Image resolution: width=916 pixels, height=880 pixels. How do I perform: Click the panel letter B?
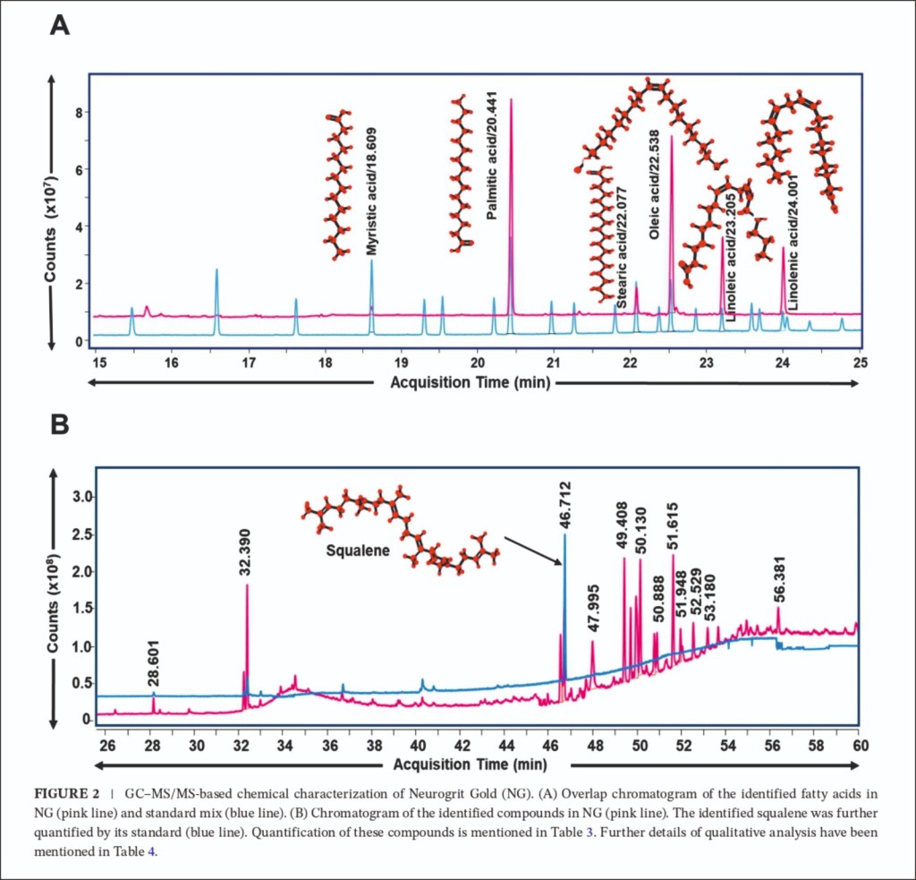(59, 423)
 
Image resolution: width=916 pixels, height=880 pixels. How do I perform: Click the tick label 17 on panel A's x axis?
(248, 363)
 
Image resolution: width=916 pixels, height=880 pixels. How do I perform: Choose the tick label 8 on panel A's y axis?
(79, 113)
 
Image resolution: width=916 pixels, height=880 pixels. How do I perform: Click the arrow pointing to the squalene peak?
(531, 550)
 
